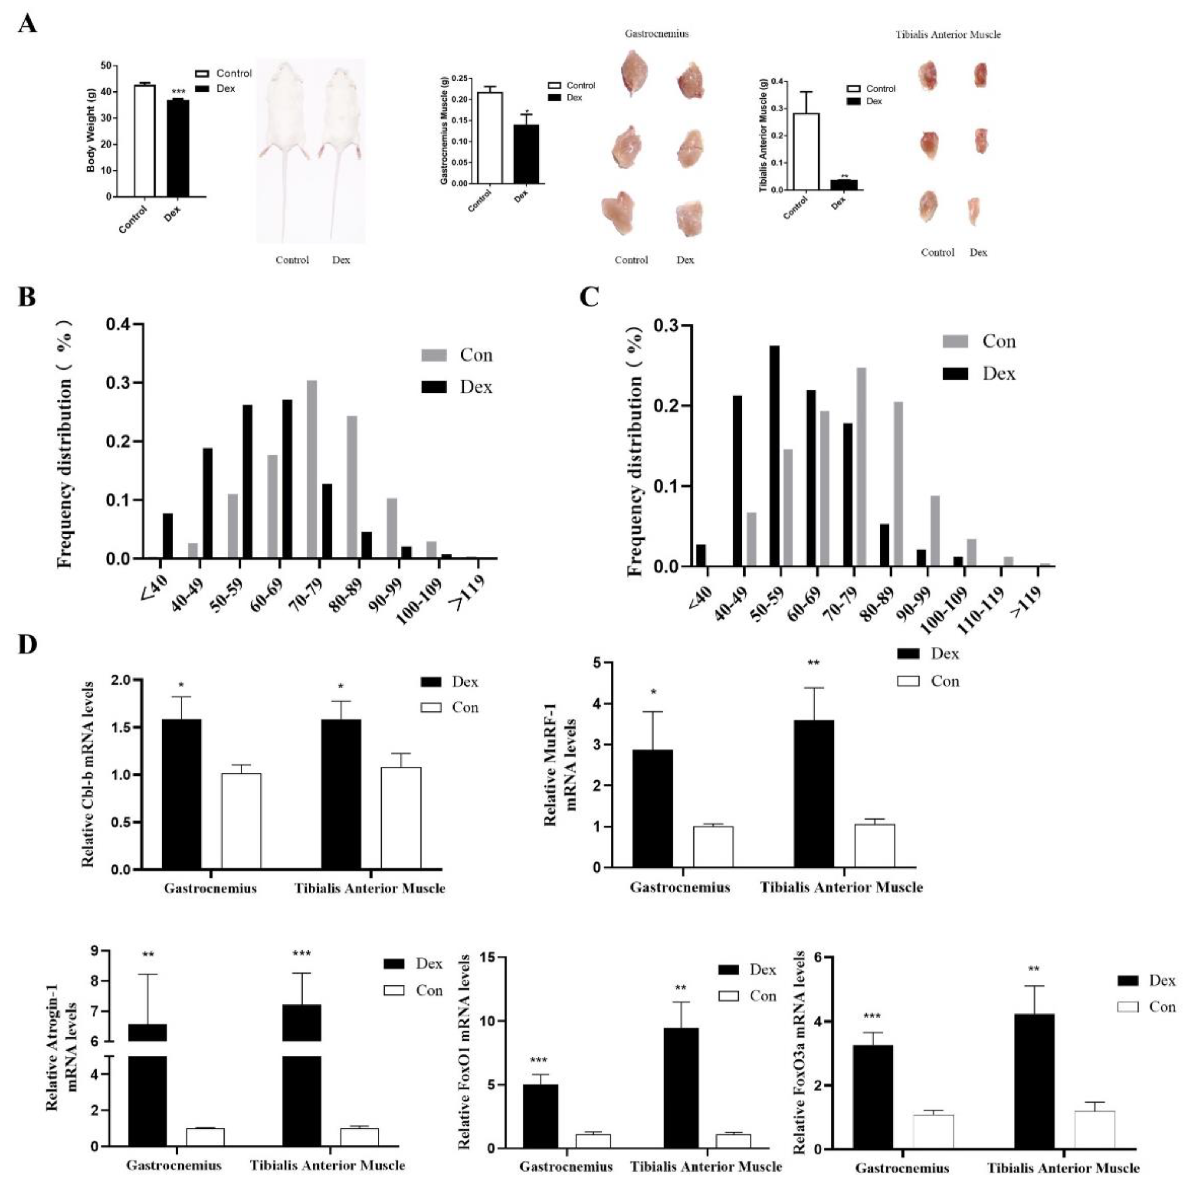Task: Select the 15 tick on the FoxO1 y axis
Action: pos(485,958)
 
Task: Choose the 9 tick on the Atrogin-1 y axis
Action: pos(94,950)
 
